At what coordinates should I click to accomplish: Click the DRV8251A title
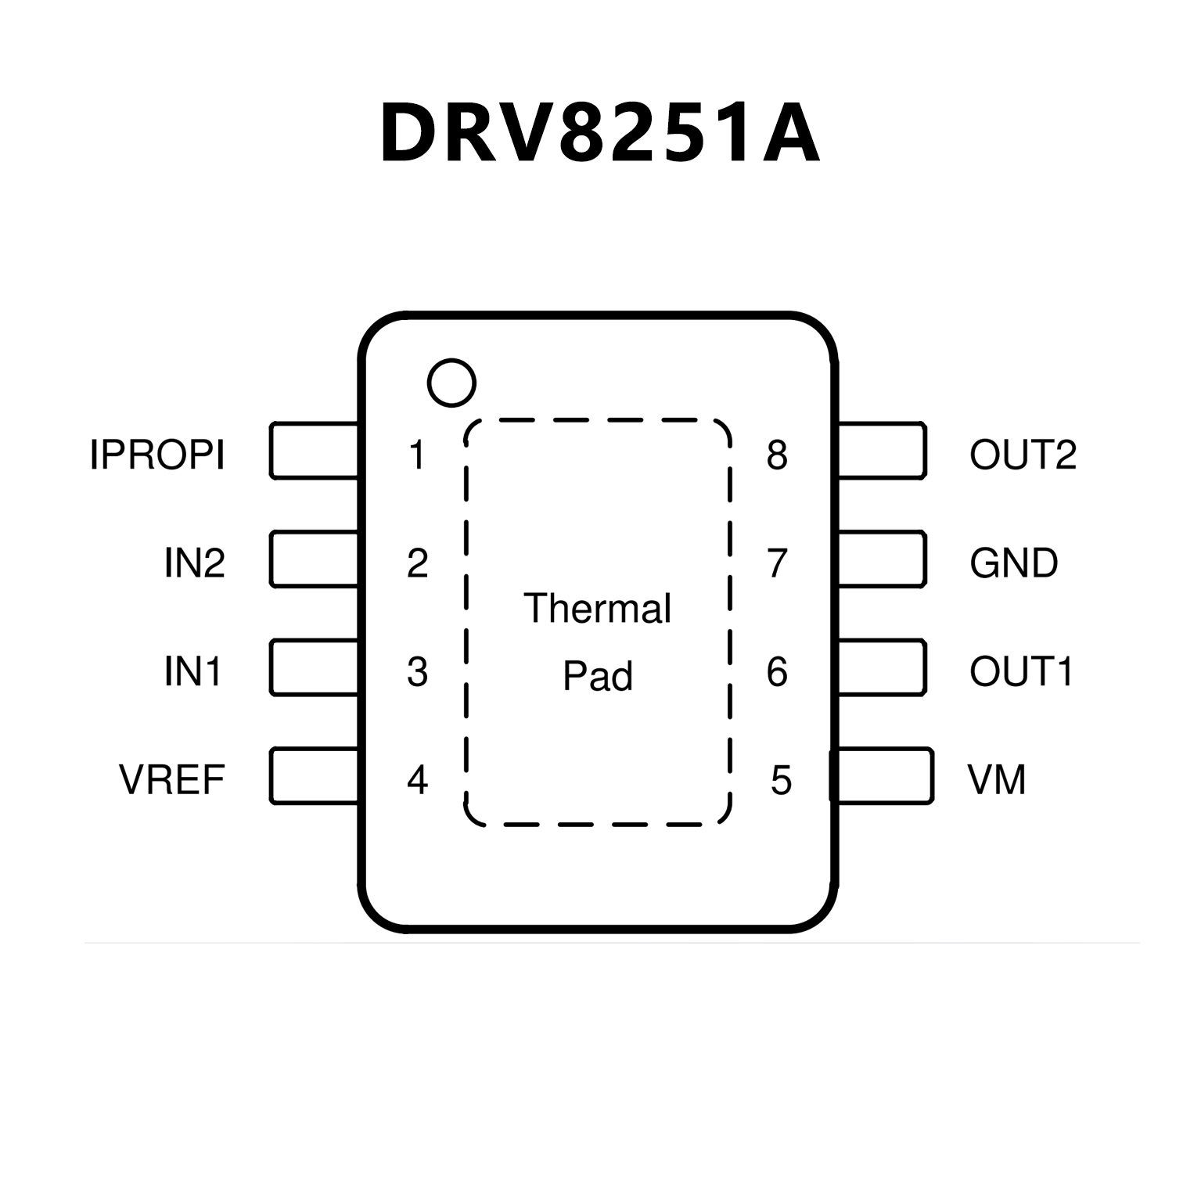pos(599,134)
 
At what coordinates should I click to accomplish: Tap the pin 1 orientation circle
pos(451,383)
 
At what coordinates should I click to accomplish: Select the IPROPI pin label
pos(157,455)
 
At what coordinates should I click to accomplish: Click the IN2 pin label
pos(194,563)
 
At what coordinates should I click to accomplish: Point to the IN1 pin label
pos(192,671)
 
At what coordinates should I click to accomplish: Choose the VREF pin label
pos(172,779)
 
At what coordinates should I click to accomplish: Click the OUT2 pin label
pos(1023,455)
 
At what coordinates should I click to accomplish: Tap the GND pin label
pos(1013,563)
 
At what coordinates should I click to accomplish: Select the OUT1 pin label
pos(1020,671)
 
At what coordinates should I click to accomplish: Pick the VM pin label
pos(996,779)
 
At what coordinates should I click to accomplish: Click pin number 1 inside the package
pos(417,455)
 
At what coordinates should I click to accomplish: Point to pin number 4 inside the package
pos(417,779)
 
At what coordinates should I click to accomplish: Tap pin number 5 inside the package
pos(781,779)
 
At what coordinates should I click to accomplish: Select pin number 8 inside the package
pos(777,455)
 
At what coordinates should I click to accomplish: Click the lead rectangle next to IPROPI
pos(314,451)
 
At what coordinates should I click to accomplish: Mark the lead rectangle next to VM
pos(882,775)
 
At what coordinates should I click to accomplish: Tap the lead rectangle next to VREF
pos(314,775)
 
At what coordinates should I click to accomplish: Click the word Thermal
pos(597,608)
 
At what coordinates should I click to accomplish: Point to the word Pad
pos(597,676)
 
